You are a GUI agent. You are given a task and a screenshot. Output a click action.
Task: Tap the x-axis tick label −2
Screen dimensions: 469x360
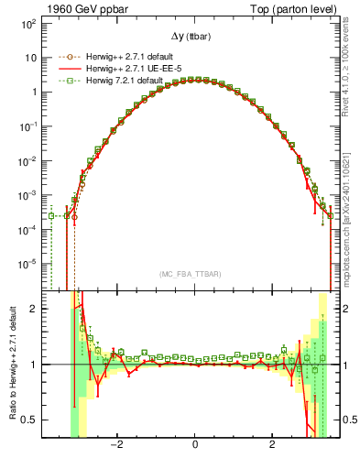point(116,444)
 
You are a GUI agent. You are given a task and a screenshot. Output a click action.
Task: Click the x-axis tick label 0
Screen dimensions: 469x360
point(194,444)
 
